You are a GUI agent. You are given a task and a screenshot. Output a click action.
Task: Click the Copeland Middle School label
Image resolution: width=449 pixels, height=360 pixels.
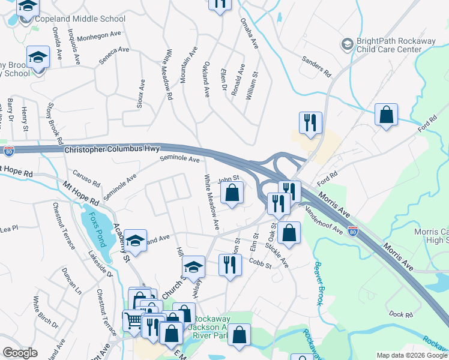(80, 19)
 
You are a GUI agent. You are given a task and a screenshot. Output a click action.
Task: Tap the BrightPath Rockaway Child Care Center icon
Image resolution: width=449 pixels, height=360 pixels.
(347, 44)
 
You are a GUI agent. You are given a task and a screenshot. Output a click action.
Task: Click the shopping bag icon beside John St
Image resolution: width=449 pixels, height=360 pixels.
(232, 193)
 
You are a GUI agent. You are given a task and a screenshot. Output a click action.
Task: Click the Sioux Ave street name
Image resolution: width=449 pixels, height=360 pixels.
(142, 93)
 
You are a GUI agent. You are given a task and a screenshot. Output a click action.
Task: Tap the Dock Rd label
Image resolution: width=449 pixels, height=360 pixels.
(401, 314)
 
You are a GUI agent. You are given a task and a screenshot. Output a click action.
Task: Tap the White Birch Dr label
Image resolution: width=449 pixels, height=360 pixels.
(46, 312)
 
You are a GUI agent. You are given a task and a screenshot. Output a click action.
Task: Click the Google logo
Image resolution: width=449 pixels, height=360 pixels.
(20, 353)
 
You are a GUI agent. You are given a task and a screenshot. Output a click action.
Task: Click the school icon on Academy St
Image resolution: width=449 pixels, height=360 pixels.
(136, 242)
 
